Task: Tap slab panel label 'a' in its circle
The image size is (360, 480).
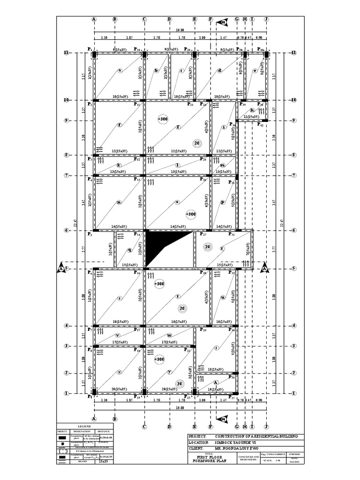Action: click(x=120, y=71)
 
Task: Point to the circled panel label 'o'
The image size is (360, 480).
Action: click(x=177, y=202)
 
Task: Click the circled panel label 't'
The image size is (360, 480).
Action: click(x=178, y=296)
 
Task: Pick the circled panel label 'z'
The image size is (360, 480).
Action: click(x=216, y=347)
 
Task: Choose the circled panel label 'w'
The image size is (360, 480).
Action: click(x=170, y=335)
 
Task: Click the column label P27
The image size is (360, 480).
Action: click(x=203, y=234)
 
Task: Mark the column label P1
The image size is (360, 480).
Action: click(x=90, y=49)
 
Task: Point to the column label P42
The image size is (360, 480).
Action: click(x=261, y=125)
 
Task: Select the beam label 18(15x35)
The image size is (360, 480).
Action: click(x=217, y=369)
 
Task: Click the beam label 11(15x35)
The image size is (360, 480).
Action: click(x=251, y=116)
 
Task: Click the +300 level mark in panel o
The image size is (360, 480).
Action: click(x=190, y=214)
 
